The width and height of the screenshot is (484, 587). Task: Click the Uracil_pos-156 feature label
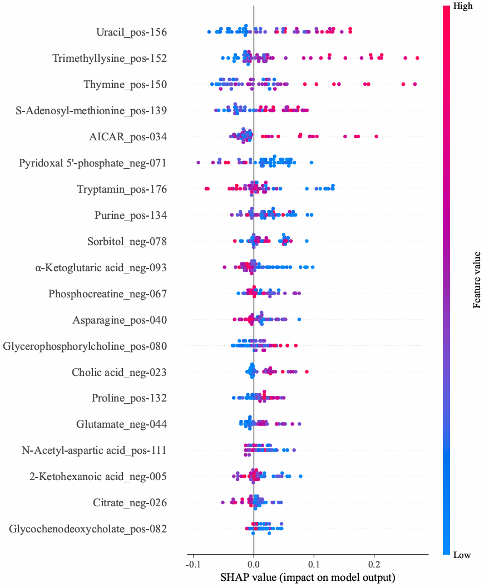tap(131, 32)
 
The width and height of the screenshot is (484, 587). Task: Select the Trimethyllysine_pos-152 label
tap(110, 58)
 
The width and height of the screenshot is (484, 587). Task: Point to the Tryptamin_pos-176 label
tap(122, 189)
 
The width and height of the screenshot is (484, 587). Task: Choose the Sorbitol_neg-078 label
tap(127, 242)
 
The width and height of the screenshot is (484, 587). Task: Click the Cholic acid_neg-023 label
tap(119, 372)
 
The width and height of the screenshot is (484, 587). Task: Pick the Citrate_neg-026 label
tap(130, 503)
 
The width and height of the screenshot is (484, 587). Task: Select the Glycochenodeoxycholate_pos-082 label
tap(88, 529)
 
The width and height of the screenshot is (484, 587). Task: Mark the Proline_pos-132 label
tap(129, 398)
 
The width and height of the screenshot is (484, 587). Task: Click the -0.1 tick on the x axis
tap(192, 564)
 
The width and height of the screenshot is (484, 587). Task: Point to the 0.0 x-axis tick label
tap(254, 564)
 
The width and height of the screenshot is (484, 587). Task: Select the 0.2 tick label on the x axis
tap(374, 564)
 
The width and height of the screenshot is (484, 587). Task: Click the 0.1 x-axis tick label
tap(314, 564)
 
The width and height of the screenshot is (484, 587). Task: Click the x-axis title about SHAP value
tap(307, 578)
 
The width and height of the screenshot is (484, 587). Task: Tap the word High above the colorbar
tap(463, 6)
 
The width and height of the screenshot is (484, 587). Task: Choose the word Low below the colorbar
tap(462, 555)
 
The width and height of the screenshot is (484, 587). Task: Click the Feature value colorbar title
tap(477, 280)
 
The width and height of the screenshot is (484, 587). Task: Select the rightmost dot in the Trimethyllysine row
tap(417, 58)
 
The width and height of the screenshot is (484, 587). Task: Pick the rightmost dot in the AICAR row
tap(377, 136)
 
